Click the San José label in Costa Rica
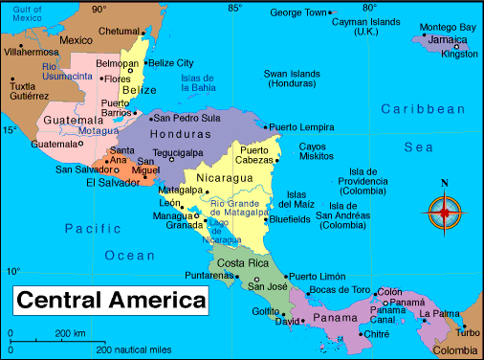[x=269, y=285]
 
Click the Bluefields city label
[x=291, y=219]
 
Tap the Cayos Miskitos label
[x=319, y=151]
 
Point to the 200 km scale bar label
[x=70, y=333]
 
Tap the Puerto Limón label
[x=320, y=276]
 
